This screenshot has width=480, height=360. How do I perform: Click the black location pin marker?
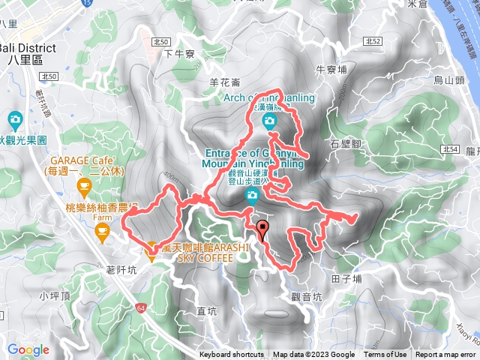click(x=262, y=229)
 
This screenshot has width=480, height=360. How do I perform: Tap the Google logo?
click(x=28, y=349)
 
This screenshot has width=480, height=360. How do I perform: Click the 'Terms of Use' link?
click(x=385, y=355)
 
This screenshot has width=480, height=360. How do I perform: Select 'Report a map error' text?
click(x=445, y=355)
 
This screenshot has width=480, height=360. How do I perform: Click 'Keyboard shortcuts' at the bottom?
click(x=232, y=355)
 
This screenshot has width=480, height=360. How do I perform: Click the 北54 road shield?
click(x=451, y=149)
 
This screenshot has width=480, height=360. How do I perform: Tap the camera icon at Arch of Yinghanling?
click(x=269, y=120)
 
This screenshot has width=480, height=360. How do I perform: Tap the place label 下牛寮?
click(x=179, y=54)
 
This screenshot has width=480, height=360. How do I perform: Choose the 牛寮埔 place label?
click(x=331, y=69)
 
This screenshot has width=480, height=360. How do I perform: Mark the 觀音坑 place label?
click(x=306, y=296)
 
